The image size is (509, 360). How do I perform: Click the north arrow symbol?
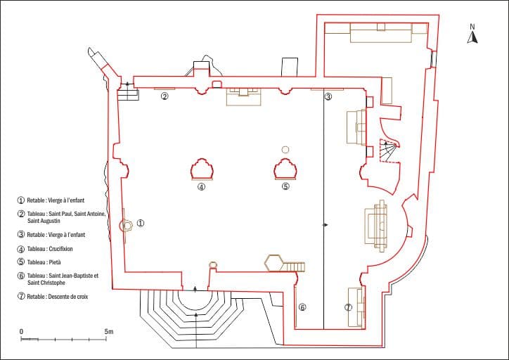point(472,38)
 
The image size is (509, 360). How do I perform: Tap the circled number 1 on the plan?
point(141,224)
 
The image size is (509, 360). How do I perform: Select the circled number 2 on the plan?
point(165,96)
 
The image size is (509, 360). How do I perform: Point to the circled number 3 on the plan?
point(328,96)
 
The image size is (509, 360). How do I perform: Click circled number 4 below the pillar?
point(201,186)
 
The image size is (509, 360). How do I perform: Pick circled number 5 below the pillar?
point(285,186)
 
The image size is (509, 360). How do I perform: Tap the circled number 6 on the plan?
point(302,307)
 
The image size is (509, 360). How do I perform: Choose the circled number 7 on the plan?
point(348,307)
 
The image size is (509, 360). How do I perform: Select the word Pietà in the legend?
point(55,262)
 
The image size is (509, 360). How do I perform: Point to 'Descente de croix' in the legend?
point(68,297)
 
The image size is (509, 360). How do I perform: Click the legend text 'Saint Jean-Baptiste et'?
point(73,276)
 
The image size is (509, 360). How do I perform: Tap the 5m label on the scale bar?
point(109,332)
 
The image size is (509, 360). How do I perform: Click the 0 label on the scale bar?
point(21,332)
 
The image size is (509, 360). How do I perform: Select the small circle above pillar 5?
point(285,150)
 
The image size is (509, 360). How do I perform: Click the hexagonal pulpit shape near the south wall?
point(274,263)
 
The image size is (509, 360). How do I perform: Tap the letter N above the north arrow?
point(472,27)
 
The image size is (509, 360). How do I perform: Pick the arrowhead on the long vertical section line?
point(326,225)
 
